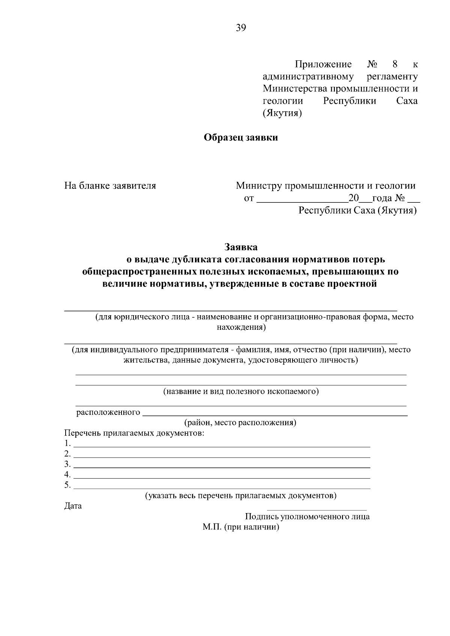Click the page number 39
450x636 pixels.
[x=241, y=27]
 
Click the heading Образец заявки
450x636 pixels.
[x=241, y=138]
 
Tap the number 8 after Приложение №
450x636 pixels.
[x=395, y=64]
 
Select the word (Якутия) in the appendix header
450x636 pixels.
[x=282, y=113]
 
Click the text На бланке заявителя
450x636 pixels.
[x=110, y=186]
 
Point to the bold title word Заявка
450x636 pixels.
[x=241, y=247]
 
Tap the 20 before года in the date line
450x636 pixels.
[x=354, y=198]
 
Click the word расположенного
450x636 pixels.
[x=108, y=413]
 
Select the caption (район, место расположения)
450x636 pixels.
[x=240, y=423]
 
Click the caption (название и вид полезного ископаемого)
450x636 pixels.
[x=241, y=392]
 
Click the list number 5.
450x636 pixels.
[x=67, y=485]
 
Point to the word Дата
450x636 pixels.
[x=73, y=506]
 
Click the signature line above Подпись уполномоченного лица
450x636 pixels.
[x=316, y=509]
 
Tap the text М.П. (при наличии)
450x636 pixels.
[x=241, y=527]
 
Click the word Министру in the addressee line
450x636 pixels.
[x=259, y=186]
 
